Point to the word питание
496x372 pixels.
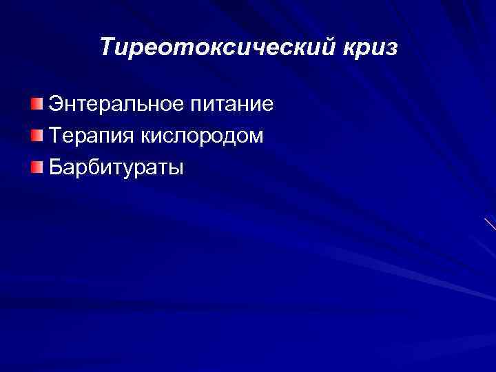[230, 105]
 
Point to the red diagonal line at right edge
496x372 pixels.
[490, 223]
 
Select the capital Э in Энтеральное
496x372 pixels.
[56, 105]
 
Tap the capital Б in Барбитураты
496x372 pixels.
[56, 167]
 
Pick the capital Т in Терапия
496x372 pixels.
[55, 136]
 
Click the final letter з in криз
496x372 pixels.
[392, 48]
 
